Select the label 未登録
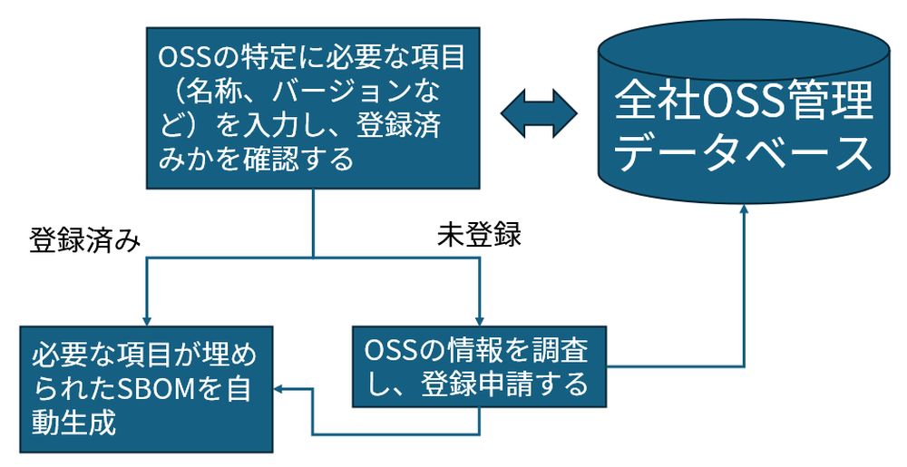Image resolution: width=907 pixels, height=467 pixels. pyautogui.click(x=479, y=235)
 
